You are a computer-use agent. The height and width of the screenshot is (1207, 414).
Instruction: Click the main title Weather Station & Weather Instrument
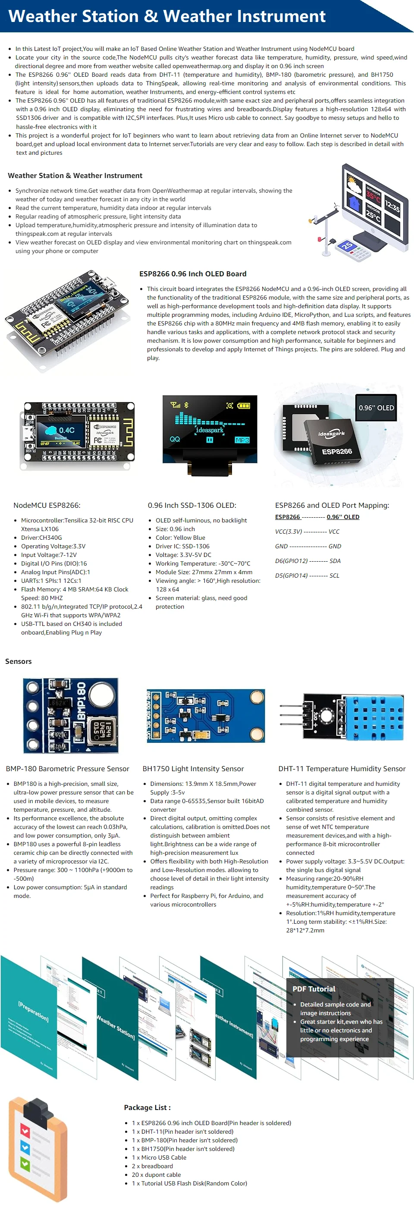[x=166, y=16]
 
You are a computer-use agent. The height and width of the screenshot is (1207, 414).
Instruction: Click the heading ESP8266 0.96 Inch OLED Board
[x=193, y=274]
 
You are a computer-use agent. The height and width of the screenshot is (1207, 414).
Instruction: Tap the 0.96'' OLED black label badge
[x=376, y=408]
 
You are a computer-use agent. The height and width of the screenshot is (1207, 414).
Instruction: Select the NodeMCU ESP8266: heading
[x=47, y=505]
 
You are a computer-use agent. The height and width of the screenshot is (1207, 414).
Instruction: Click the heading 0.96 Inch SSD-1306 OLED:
[x=192, y=505]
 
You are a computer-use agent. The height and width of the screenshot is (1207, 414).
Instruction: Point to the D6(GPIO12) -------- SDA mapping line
[x=307, y=561]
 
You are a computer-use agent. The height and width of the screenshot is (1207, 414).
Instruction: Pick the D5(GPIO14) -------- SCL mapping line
[x=307, y=575]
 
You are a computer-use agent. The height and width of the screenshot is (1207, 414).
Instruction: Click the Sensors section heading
[x=18, y=661]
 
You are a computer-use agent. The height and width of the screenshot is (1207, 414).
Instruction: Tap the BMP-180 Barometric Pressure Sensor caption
[x=68, y=769]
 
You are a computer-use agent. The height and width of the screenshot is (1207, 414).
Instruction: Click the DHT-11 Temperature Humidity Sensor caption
[x=342, y=769]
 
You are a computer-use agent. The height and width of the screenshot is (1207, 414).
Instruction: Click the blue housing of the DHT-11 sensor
[x=374, y=715]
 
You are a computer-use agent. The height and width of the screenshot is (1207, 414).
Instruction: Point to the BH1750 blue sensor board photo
[x=206, y=716]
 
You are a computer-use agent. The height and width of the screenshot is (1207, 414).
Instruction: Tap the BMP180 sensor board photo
[x=71, y=715]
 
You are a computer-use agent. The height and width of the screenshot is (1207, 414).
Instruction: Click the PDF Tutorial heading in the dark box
[x=314, y=988]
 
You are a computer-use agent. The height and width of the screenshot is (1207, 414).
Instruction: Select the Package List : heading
[x=147, y=1107]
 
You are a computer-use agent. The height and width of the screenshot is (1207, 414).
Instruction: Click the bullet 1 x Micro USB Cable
[x=159, y=1157]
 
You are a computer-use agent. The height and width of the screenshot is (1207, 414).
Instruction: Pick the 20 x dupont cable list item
[x=156, y=1174]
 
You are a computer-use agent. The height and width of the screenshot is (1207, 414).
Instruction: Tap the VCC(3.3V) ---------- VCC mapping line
[x=307, y=532]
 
